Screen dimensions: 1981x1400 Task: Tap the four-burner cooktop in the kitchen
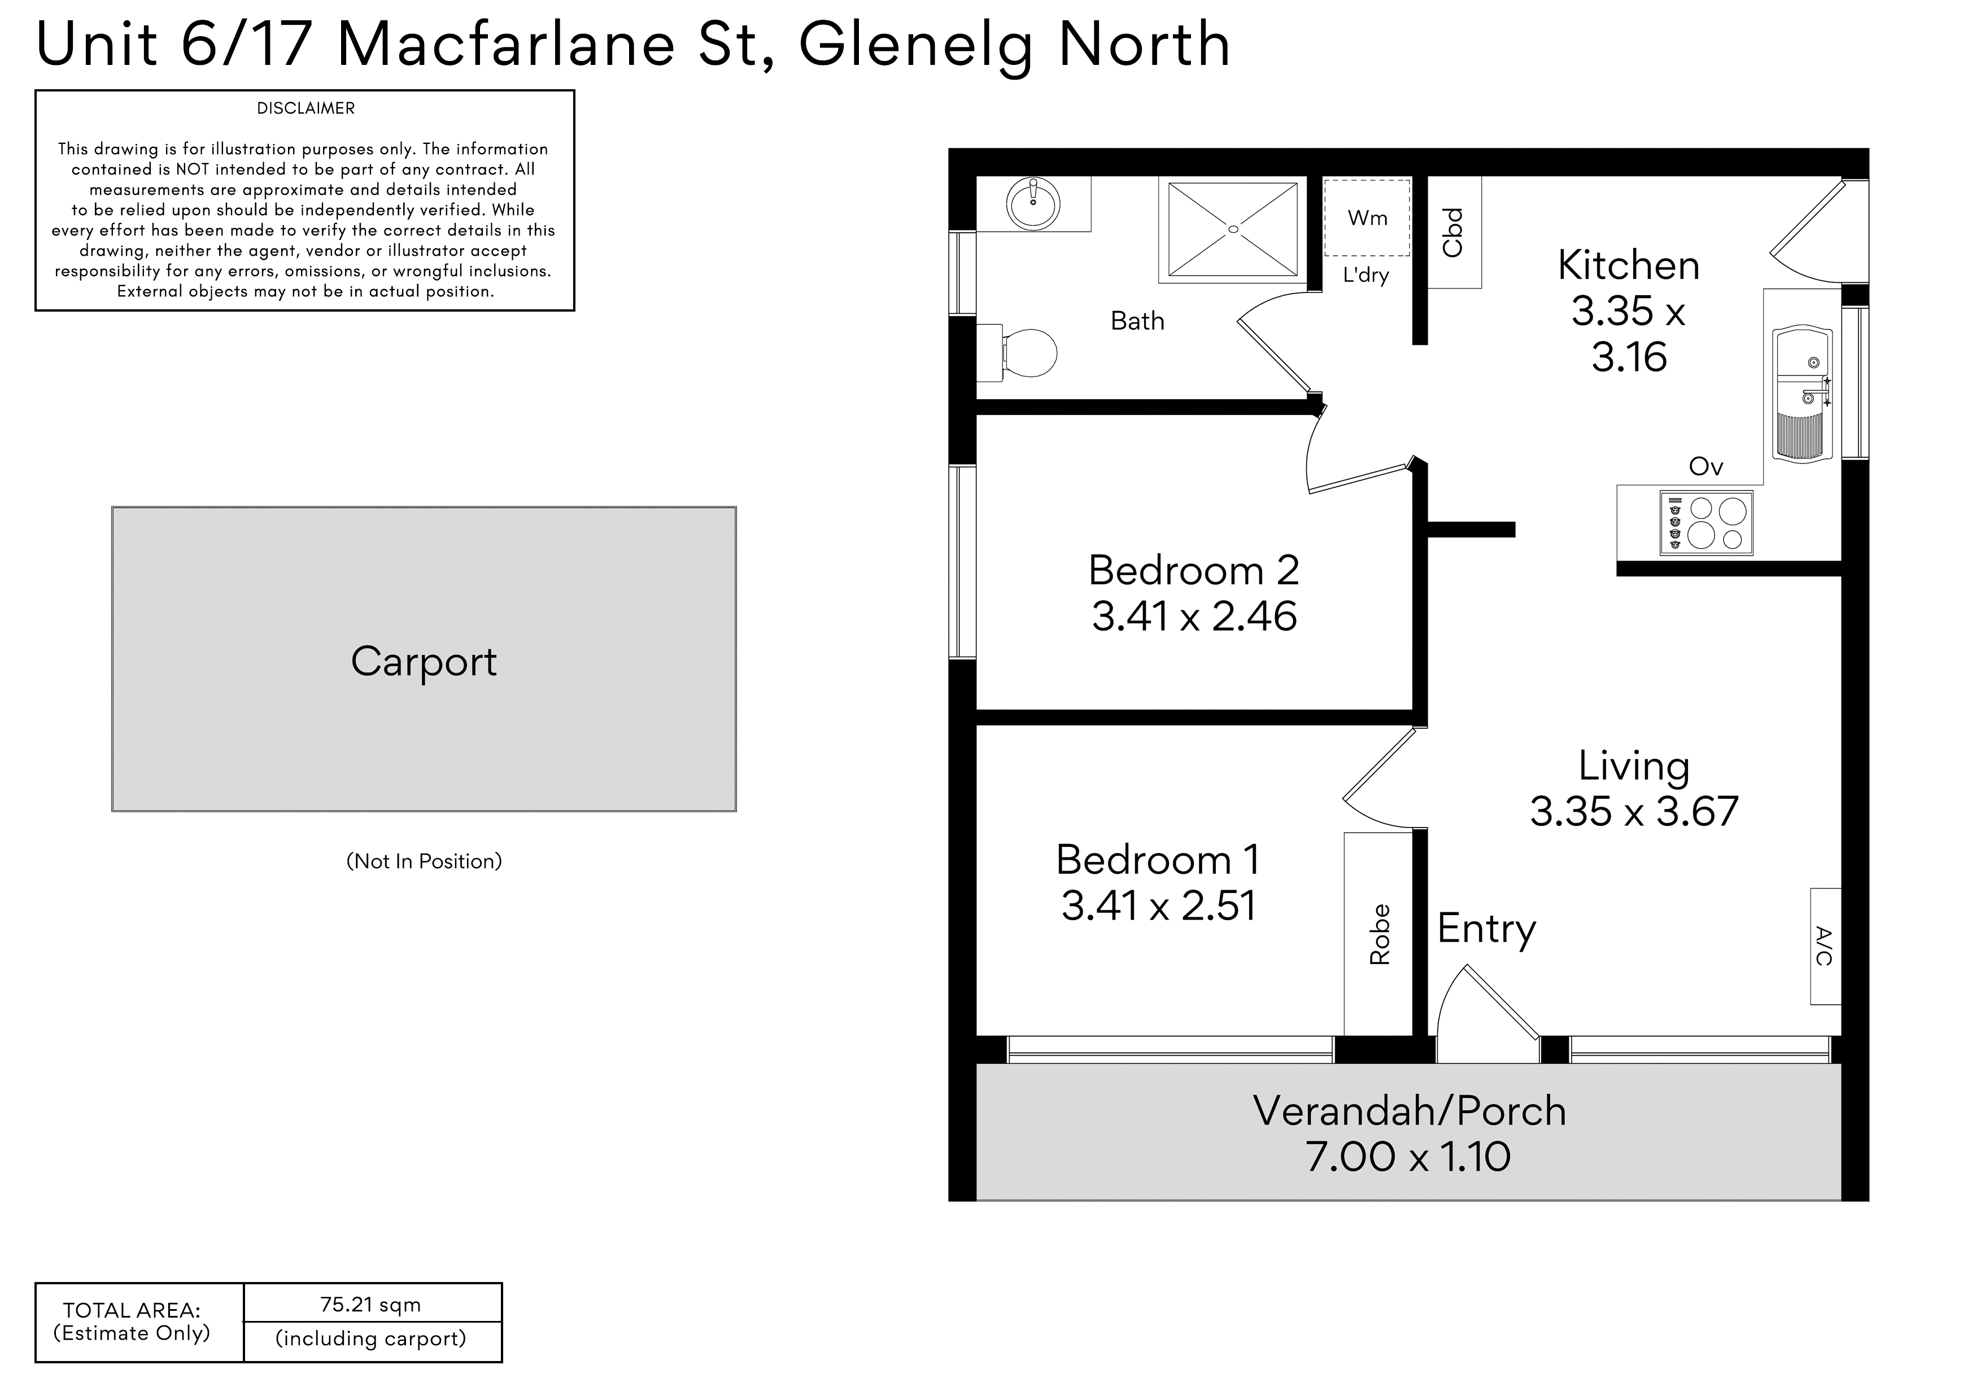click(1706, 524)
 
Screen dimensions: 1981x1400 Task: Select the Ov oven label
click(1706, 467)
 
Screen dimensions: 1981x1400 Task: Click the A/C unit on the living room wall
click(1826, 946)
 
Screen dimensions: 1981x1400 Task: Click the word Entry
click(1487, 930)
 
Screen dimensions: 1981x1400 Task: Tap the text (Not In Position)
click(424, 861)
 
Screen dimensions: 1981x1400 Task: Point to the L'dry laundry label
click(1366, 276)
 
